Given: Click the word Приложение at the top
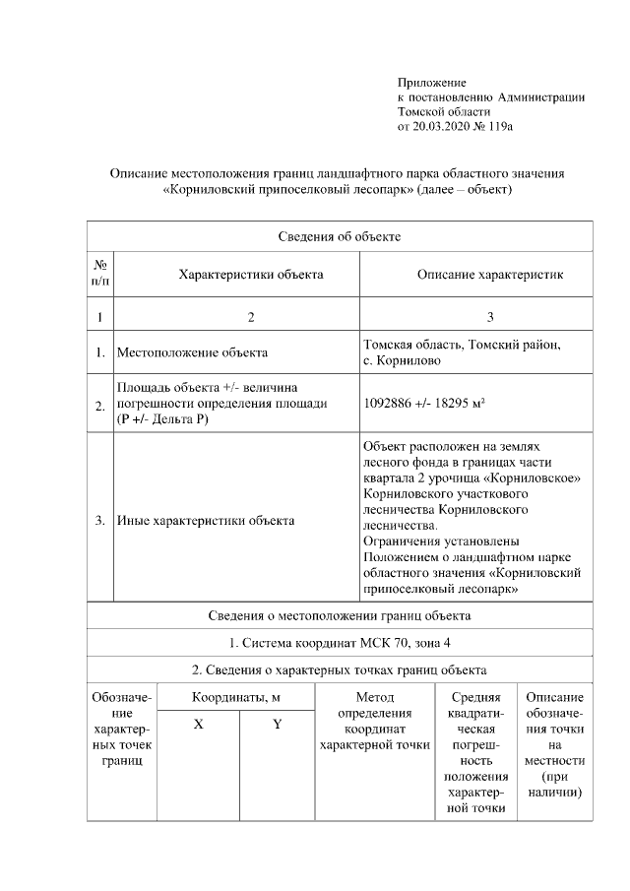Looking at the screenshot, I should pyautogui.click(x=431, y=83).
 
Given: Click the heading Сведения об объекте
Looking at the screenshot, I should pyautogui.click(x=339, y=236).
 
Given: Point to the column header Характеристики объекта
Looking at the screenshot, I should pyautogui.click(x=250, y=274).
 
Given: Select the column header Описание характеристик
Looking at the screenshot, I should pyautogui.click(x=490, y=274).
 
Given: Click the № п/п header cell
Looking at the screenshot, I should pyautogui.click(x=99, y=274).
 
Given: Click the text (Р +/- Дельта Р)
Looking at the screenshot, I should pyautogui.click(x=164, y=418).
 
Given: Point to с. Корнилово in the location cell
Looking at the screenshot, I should pyautogui.click(x=403, y=360).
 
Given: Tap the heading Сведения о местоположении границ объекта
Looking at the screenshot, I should pyautogui.click(x=339, y=616).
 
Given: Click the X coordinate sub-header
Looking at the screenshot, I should pyautogui.click(x=199, y=724).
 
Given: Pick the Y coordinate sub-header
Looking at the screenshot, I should pyautogui.click(x=277, y=724).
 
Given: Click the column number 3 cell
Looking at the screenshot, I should pyautogui.click(x=490, y=316).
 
